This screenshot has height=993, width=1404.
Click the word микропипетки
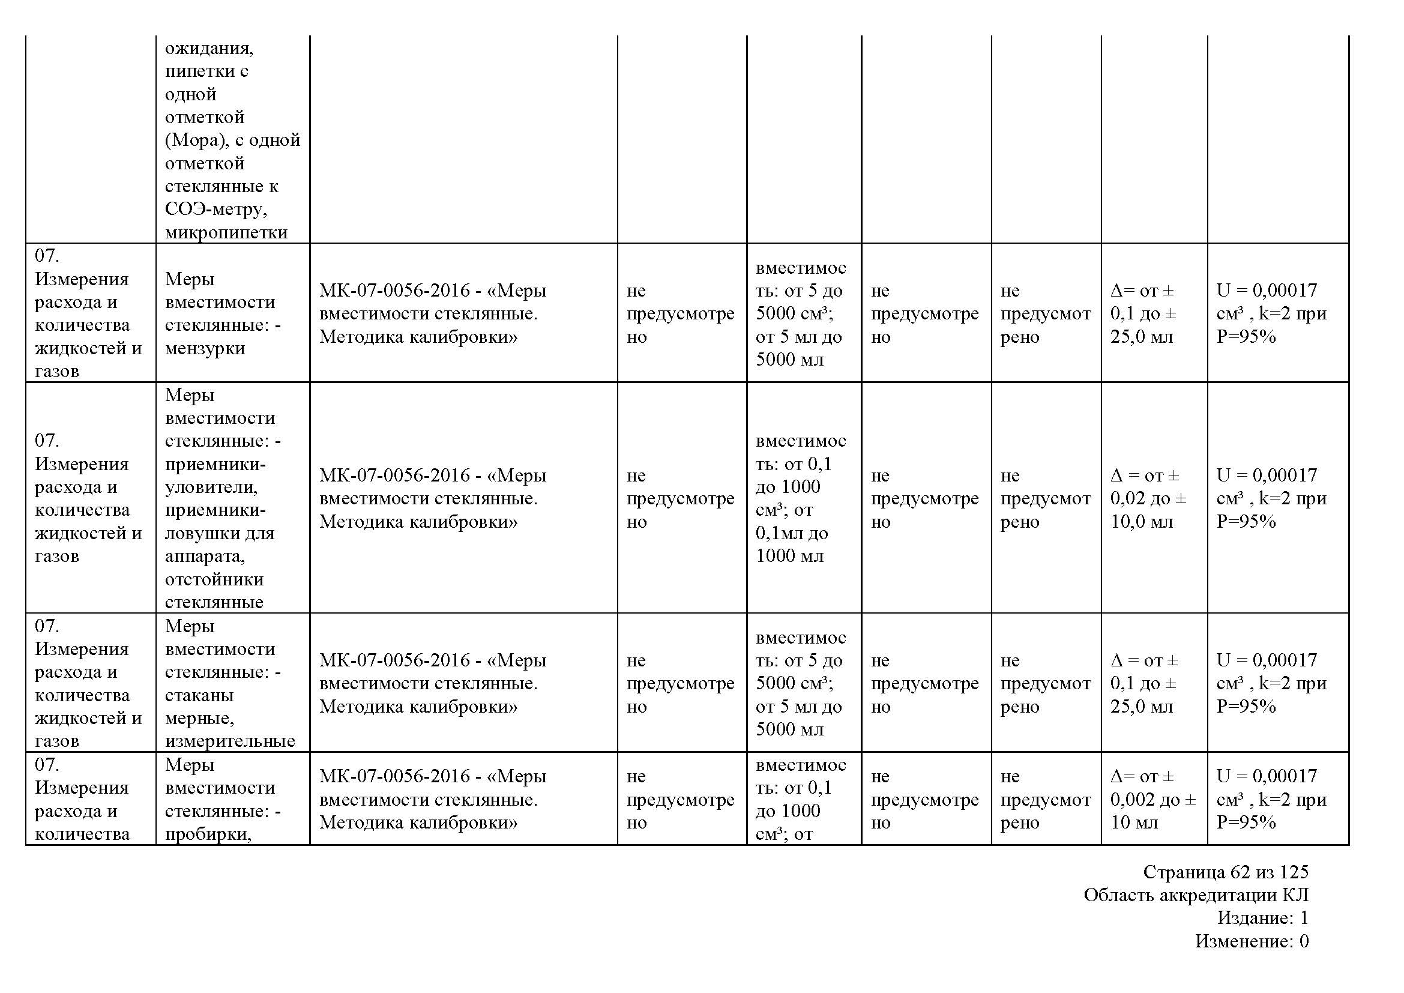pos(226,233)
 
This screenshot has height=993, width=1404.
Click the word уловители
pos(210,487)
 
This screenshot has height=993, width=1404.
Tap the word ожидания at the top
pos(208,48)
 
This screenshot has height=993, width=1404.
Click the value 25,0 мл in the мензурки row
pos(1142,337)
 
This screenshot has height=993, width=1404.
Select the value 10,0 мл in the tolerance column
pos(1142,522)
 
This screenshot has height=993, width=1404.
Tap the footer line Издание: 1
pos(1262,918)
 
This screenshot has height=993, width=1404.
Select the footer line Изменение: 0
pos(1252,941)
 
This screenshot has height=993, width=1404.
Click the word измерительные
pos(230,741)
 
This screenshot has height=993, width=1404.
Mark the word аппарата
pos(204,557)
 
